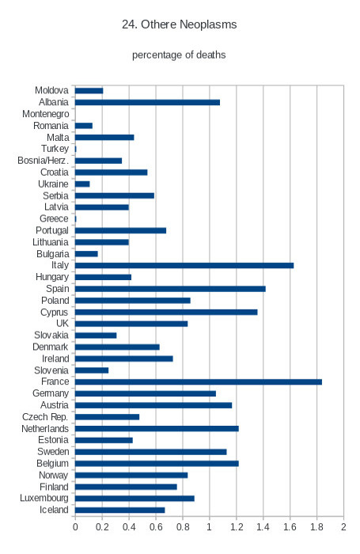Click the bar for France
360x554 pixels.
pyautogui.click(x=198, y=382)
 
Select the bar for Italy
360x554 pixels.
pyautogui.click(x=184, y=265)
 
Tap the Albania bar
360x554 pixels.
pyautogui.click(x=147, y=102)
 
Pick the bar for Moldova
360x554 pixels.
pyautogui.click(x=89, y=91)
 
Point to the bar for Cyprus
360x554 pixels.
pyautogui.click(x=166, y=312)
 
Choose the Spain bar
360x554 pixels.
pyautogui.click(x=170, y=289)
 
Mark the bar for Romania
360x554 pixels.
pyautogui.click(x=83, y=126)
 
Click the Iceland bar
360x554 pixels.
pyautogui.click(x=119, y=510)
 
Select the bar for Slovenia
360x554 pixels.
pyautogui.click(x=92, y=370)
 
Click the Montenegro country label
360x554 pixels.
pyautogui.click(x=46, y=114)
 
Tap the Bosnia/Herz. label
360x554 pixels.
pyautogui.click(x=43, y=161)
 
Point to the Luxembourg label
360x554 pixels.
pyautogui.click(x=44, y=498)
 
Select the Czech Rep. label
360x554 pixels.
pyautogui.click(x=45, y=417)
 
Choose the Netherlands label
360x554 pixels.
pyautogui.click(x=45, y=429)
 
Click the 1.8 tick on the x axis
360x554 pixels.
pyautogui.click(x=316, y=527)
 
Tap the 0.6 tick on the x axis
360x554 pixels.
pyautogui.click(x=156, y=527)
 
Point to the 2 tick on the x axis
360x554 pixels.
pyautogui.click(x=343, y=527)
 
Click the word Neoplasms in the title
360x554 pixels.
pyautogui.click(x=208, y=25)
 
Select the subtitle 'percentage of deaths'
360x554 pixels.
pyautogui.click(x=179, y=55)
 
